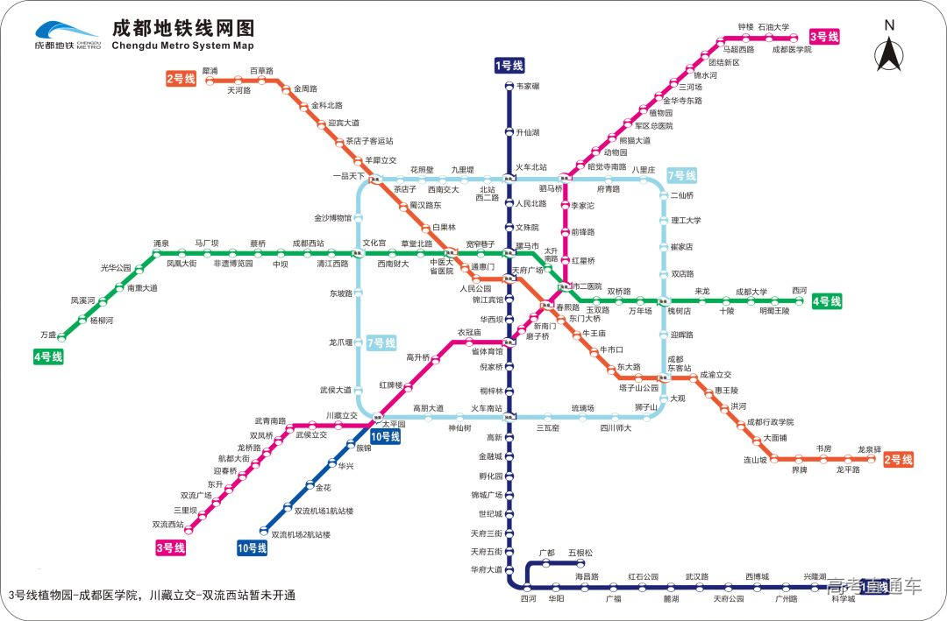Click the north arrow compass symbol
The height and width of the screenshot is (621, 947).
click(x=889, y=47)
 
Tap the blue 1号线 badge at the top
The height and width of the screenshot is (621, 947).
click(x=509, y=66)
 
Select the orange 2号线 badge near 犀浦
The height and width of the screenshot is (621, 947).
click(x=181, y=79)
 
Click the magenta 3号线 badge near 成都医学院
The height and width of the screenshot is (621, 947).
click(x=823, y=37)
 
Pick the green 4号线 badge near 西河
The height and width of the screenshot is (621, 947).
click(x=826, y=301)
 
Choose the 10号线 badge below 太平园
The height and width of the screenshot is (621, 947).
click(x=385, y=436)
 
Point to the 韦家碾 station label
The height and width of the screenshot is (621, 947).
click(x=528, y=86)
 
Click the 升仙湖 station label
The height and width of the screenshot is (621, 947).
click(x=527, y=132)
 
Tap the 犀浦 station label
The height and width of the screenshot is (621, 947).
click(x=210, y=69)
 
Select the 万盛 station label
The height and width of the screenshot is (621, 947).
click(x=47, y=335)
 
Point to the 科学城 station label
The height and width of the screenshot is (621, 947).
click(x=843, y=599)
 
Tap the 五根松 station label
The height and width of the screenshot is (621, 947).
click(x=580, y=553)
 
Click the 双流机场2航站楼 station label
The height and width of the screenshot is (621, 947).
click(x=301, y=533)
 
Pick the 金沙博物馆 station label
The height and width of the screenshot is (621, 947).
click(x=332, y=217)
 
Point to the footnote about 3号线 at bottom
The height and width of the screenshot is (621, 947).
click(x=151, y=596)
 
